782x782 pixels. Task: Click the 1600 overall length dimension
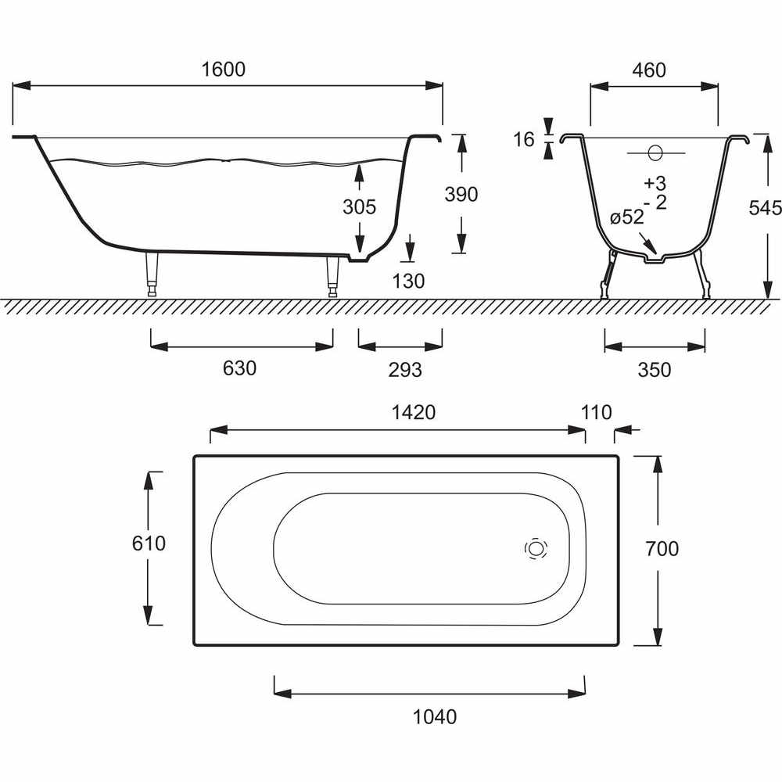pos(224,70)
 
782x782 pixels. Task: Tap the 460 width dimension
pos(649,70)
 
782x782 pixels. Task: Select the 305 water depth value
pos(359,206)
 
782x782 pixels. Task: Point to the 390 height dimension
pos(461,194)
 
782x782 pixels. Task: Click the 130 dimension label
pos(408,282)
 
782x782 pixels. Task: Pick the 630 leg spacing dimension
pos(239,368)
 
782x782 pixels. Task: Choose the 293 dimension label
pos(405,370)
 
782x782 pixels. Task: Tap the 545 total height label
pos(765,207)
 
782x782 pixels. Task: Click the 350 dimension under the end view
pos(655,370)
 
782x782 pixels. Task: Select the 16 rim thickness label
pos(524,140)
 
